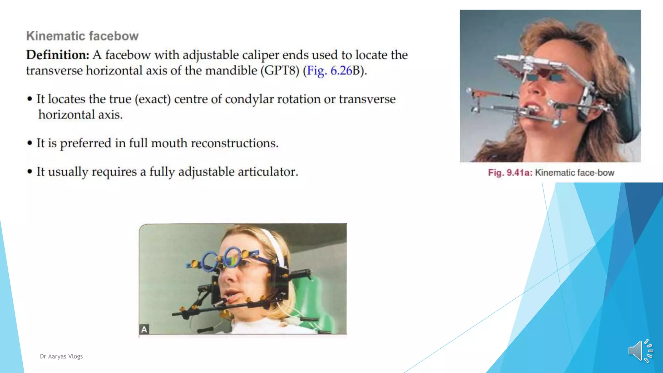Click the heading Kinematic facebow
point(82,36)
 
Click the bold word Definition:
point(58,55)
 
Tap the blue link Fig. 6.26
point(329,71)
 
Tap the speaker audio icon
point(640,351)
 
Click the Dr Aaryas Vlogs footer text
point(61,356)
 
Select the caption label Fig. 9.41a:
point(510,173)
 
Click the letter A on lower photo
point(144,329)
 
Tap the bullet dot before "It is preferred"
point(30,143)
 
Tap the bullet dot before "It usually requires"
point(30,172)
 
